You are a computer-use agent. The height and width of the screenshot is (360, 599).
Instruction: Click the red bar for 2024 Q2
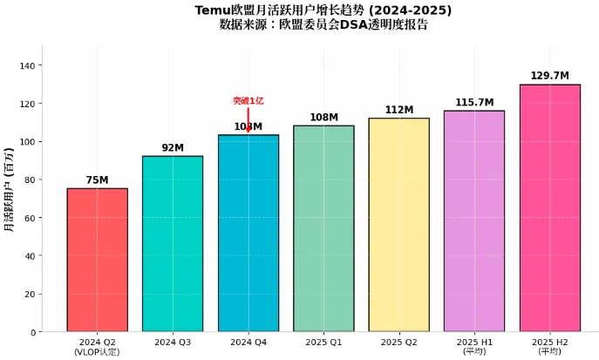(97, 260)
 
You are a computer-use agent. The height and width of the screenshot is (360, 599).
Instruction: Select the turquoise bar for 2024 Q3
(173, 244)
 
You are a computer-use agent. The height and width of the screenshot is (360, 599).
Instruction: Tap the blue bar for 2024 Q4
(248, 234)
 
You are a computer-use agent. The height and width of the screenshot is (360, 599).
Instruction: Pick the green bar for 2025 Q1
(323, 228)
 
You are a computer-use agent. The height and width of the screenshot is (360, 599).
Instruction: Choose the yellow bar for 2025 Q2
(398, 225)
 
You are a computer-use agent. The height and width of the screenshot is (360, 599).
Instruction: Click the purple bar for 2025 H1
(474, 221)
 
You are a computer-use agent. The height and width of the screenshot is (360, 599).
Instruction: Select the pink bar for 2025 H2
(549, 208)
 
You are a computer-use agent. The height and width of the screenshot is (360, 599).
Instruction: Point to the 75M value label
(97, 180)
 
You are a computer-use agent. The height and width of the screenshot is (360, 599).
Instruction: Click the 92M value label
(173, 148)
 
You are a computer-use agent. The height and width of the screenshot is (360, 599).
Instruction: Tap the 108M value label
(323, 118)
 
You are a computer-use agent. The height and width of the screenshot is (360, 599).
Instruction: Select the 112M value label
(398, 110)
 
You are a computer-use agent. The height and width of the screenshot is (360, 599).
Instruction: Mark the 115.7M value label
(474, 103)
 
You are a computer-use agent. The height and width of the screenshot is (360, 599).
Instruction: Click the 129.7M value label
(549, 77)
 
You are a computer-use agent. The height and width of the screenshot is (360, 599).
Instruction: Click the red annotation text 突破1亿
(248, 101)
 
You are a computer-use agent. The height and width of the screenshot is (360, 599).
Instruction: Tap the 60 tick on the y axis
(33, 218)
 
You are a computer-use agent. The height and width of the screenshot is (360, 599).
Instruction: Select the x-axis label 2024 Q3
(173, 342)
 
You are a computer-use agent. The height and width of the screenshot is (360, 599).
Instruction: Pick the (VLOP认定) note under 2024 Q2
(97, 351)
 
